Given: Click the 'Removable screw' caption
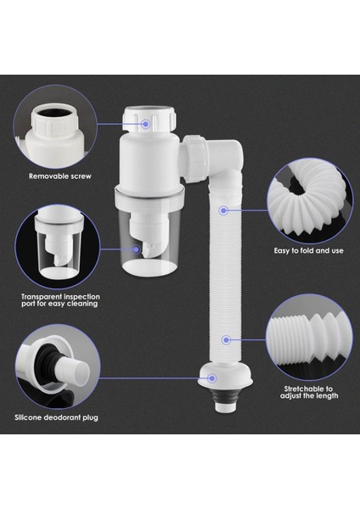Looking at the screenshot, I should pyautogui.click(x=59, y=176).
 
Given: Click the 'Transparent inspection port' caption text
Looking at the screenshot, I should pyautogui.click(x=59, y=299).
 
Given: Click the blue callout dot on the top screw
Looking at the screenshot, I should pyautogui.click(x=146, y=124).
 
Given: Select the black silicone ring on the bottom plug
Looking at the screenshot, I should pyautogui.click(x=222, y=395).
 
